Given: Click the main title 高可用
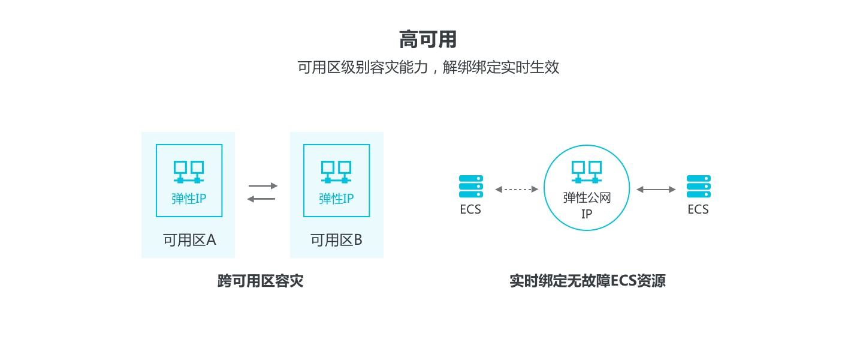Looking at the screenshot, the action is [x=428, y=40].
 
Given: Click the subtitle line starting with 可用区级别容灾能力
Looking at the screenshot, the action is [x=428, y=67].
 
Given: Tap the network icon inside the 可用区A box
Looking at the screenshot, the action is [x=189, y=172].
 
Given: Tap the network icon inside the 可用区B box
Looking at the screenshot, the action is [x=336, y=172].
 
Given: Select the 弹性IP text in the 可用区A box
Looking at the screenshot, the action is [x=189, y=199].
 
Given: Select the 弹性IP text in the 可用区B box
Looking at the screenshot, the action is [x=336, y=199].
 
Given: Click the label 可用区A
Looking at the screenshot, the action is [x=189, y=240].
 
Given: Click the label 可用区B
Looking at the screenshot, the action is [x=336, y=240].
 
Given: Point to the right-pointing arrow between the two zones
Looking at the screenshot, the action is [x=263, y=186].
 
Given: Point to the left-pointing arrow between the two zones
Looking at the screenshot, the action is [x=261, y=199].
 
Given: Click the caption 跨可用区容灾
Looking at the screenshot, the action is [x=261, y=281].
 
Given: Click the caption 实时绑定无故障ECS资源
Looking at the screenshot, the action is [x=587, y=281].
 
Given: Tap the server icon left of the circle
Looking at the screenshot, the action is [x=470, y=187].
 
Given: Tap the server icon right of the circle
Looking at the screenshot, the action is [x=699, y=187].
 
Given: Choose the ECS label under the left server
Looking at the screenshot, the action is [x=470, y=209].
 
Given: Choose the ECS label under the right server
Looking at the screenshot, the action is [x=698, y=209].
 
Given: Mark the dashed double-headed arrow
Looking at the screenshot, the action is [x=517, y=189].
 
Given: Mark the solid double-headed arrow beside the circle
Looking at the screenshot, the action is [x=656, y=189].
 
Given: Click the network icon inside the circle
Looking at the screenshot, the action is [x=587, y=172].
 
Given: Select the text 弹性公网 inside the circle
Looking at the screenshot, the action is [x=587, y=197].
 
